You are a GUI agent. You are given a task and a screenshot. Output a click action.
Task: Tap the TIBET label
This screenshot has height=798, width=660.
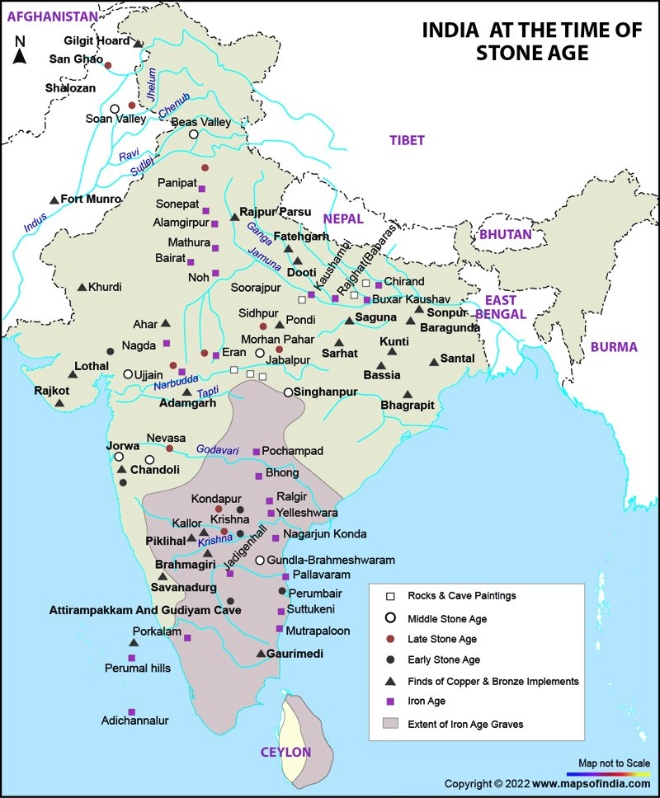(408, 140)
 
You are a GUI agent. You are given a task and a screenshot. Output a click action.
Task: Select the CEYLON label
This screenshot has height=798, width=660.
(285, 752)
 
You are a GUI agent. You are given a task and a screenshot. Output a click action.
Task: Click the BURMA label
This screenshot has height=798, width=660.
(614, 347)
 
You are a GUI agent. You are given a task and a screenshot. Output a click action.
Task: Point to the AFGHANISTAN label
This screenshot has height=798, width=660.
(47, 15)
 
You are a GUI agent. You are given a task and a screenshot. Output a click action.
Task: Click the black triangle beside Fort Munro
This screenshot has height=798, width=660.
(54, 199)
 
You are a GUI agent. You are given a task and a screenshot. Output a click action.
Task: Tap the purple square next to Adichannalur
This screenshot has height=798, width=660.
(131, 711)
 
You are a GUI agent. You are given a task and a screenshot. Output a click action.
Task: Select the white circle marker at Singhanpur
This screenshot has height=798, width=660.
(289, 392)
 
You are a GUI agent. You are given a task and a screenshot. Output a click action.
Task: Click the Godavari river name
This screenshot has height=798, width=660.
(217, 450)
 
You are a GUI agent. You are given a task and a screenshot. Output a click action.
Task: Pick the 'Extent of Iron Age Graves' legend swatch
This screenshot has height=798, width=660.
(391, 724)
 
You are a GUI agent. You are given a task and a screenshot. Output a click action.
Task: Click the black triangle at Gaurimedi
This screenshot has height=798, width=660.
(261, 654)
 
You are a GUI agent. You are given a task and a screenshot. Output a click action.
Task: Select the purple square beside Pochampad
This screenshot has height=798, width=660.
(256, 452)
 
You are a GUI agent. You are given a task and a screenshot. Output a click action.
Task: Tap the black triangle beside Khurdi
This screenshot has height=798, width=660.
(82, 287)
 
